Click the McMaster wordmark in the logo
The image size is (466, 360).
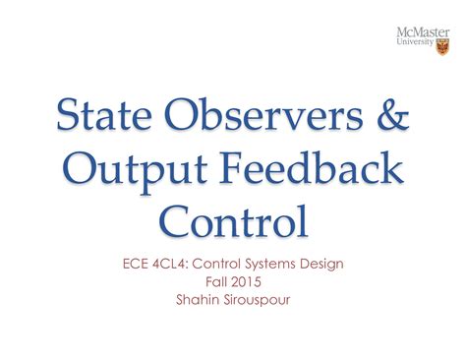click(421, 35)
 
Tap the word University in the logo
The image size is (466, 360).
click(415, 46)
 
